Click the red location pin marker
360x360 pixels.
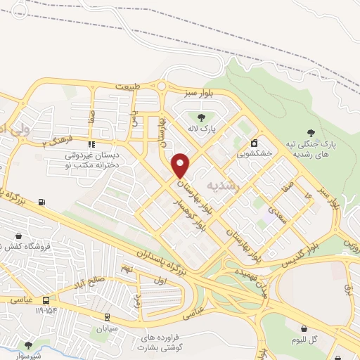click(x=181, y=165)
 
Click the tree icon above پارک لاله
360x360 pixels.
click(x=202, y=117)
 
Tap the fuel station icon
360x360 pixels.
click(x=43, y=202)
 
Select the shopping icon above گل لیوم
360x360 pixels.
click(x=304, y=328)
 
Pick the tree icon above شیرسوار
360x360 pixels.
click(x=28, y=345)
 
